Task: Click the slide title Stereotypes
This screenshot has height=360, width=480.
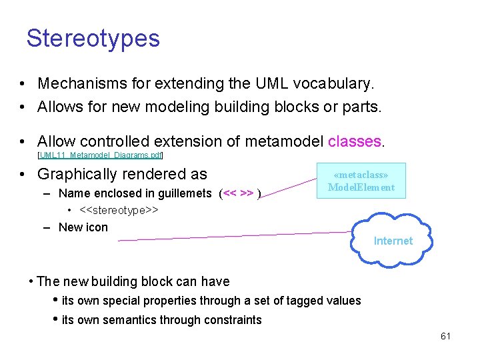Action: coord(93,38)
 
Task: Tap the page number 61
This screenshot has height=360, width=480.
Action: coord(445,336)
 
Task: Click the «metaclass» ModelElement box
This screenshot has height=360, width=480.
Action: coord(361,181)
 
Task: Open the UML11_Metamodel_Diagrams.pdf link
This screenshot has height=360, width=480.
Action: coord(101,155)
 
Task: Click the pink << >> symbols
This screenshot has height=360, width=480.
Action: coord(238,194)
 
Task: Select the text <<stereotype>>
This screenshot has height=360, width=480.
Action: coord(119,211)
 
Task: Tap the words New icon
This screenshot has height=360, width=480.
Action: coord(83,227)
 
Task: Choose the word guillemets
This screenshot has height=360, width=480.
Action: coord(181,194)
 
